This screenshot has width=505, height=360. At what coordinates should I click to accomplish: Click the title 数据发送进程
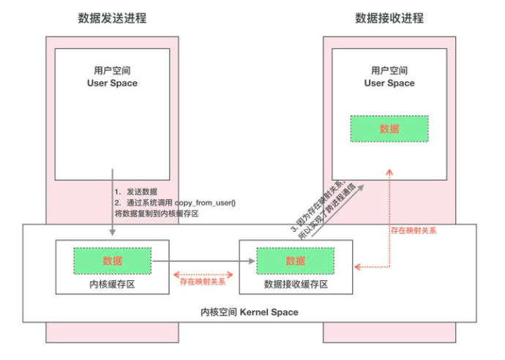pyautogui.click(x=112, y=18)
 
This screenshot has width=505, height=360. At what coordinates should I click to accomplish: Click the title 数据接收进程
pyautogui.click(x=389, y=18)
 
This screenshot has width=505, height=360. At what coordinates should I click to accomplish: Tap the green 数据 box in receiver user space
pyautogui.click(x=389, y=129)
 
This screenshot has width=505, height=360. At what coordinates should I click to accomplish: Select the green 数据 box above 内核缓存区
pyautogui.click(x=112, y=260)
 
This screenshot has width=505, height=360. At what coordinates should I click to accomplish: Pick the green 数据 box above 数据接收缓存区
pyautogui.click(x=295, y=260)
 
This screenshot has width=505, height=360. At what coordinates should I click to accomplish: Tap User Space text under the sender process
pyautogui.click(x=112, y=83)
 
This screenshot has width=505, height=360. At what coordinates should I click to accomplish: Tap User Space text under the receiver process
pyautogui.click(x=389, y=83)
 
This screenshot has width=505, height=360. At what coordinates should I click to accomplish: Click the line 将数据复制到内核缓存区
pyautogui.click(x=157, y=214)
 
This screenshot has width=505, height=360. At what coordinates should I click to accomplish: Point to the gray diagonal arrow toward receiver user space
pyautogui.click(x=343, y=212)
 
